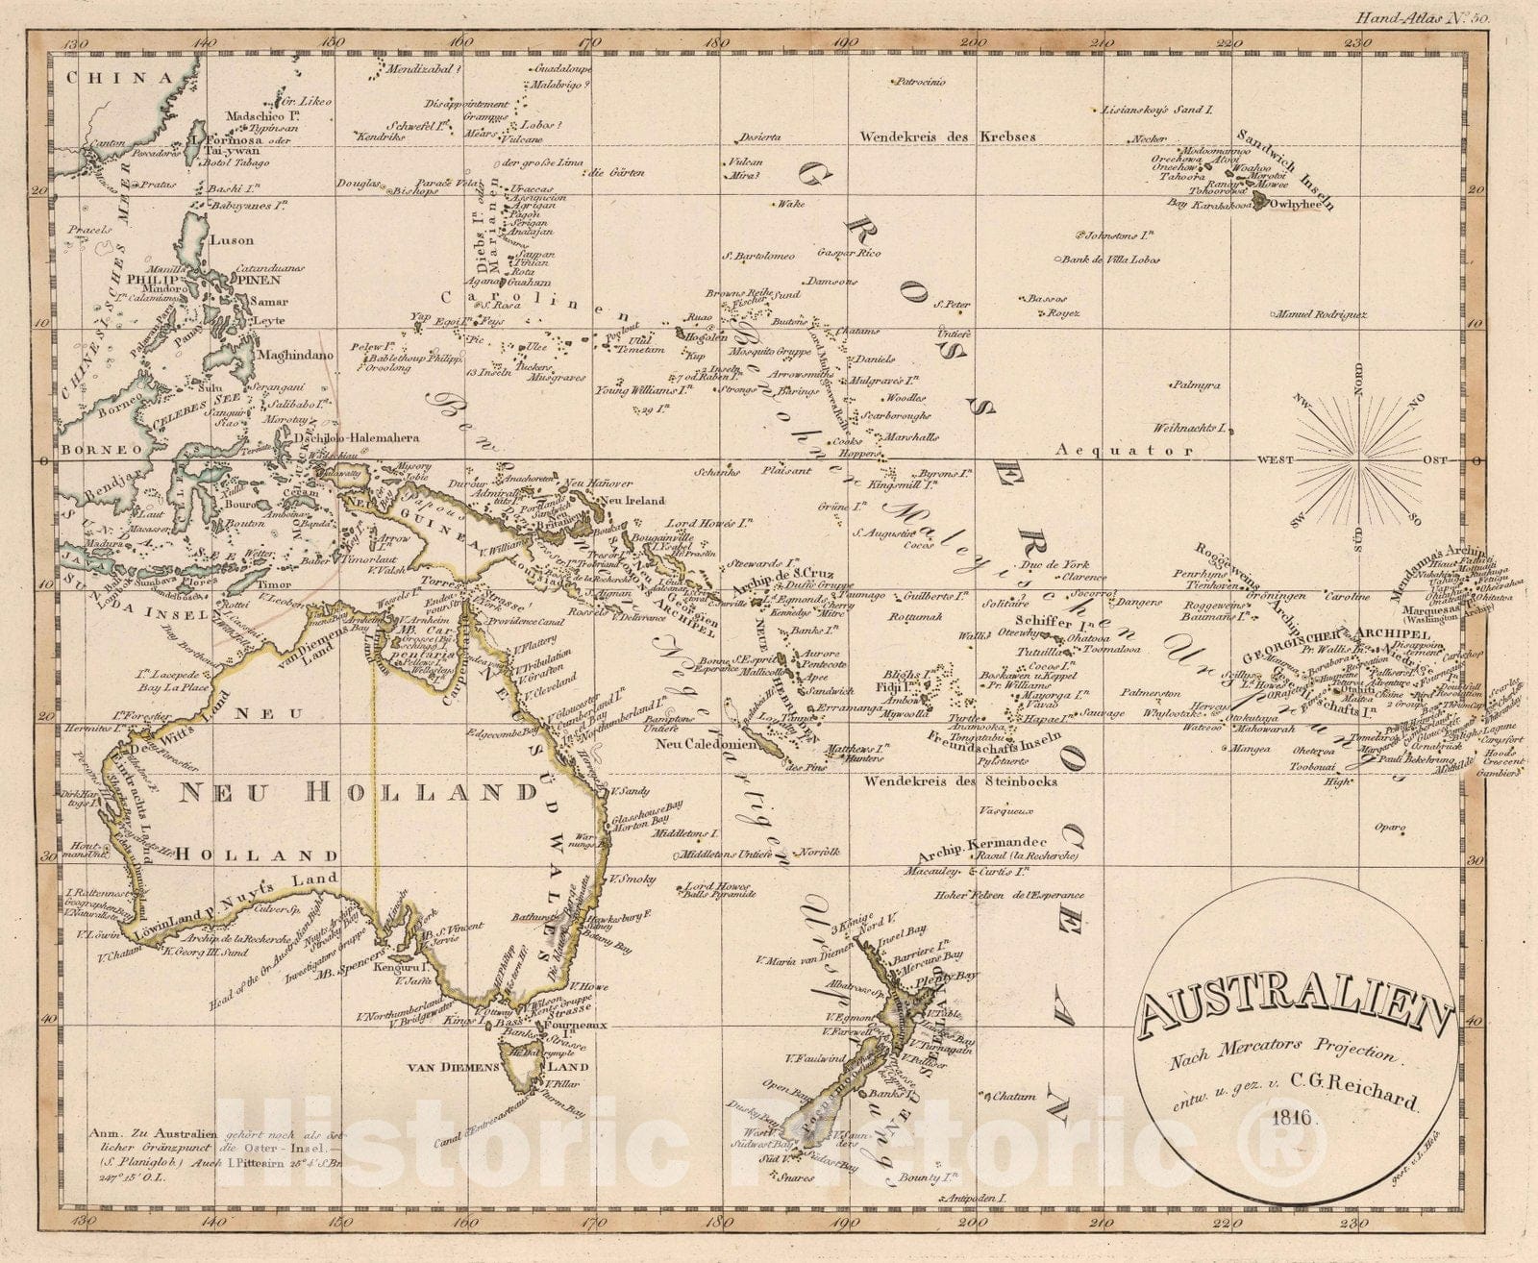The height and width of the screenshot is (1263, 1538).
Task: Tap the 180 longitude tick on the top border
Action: (x=715, y=42)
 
